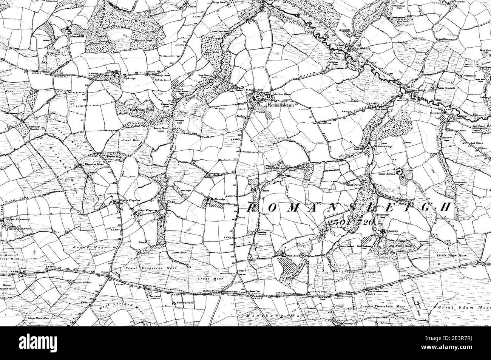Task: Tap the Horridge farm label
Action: coord(220,198)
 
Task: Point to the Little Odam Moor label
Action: coord(452,256)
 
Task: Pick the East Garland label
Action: coord(185,303)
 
